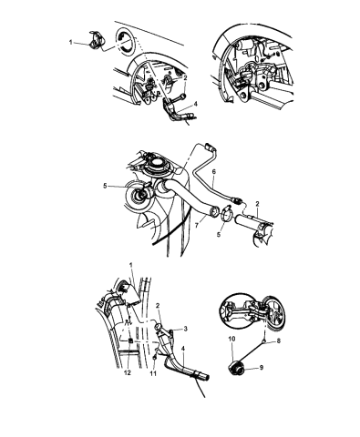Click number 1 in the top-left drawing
click(70, 43)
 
